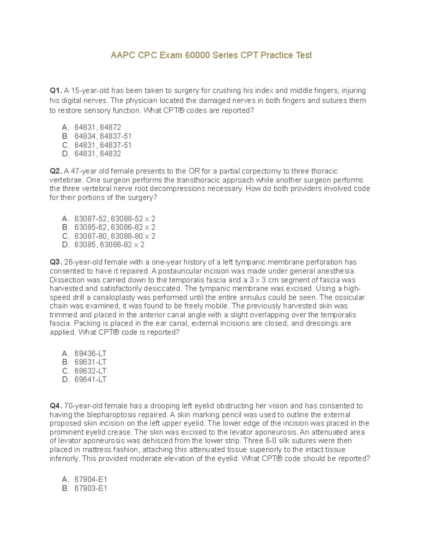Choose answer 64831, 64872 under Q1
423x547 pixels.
(x=98, y=128)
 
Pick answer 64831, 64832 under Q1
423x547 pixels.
(x=98, y=154)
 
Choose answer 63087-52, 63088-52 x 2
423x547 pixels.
(x=115, y=219)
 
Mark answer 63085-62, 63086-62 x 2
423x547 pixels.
(x=115, y=228)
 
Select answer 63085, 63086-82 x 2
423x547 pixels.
(x=109, y=245)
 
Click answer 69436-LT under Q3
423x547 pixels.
(x=90, y=354)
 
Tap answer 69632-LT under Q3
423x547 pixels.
(x=90, y=371)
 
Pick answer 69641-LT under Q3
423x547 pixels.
(x=90, y=380)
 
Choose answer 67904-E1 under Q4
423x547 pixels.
(x=91, y=480)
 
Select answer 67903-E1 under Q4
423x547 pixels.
(x=91, y=489)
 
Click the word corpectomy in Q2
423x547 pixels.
(x=261, y=171)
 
